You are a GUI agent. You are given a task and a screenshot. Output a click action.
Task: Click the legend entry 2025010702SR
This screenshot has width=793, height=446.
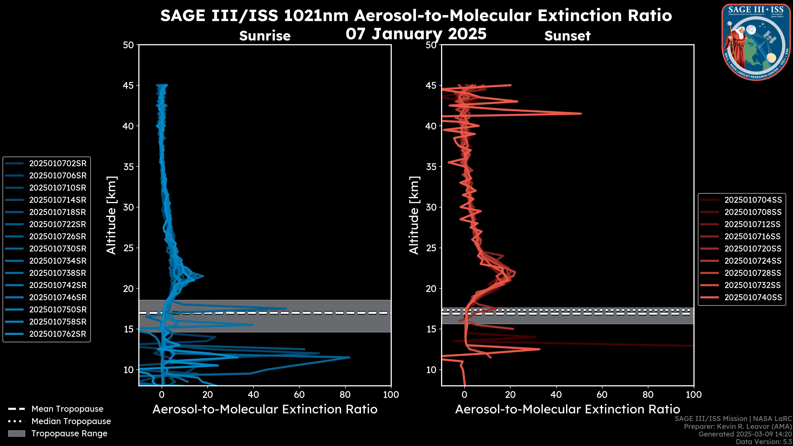click(58, 164)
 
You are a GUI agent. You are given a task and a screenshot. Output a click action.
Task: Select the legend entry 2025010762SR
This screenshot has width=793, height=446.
click(58, 334)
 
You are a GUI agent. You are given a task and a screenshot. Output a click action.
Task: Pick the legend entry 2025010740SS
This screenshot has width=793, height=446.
click(753, 297)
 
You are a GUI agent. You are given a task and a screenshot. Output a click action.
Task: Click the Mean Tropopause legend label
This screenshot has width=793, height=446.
click(67, 409)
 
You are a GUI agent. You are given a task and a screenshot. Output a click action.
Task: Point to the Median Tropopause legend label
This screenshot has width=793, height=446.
click(71, 421)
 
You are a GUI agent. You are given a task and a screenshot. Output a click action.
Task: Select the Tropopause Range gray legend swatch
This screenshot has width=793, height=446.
click(16, 433)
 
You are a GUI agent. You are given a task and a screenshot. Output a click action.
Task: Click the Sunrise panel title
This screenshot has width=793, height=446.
click(265, 36)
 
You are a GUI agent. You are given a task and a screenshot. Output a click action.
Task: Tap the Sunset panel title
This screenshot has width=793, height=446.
click(567, 36)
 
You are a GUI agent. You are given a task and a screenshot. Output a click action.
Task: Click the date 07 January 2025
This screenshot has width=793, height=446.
click(416, 34)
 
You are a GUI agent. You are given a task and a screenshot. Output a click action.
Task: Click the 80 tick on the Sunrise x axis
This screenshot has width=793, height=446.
click(345, 395)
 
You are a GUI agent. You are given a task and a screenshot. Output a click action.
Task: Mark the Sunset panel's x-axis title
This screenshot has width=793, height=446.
click(567, 409)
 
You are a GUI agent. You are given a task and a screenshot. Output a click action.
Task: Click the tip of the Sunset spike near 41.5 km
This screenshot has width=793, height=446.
click(581, 114)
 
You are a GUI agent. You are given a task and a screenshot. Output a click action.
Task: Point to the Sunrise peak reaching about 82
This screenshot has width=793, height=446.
click(349, 357)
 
